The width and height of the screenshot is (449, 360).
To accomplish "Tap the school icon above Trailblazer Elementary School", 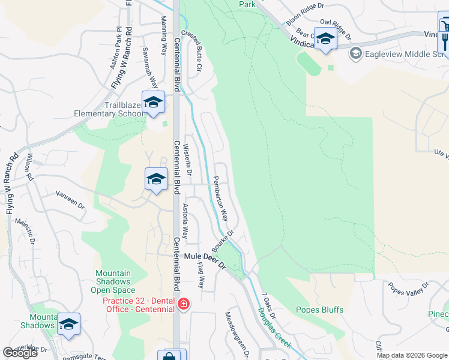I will pyautogui.click(x=153, y=102).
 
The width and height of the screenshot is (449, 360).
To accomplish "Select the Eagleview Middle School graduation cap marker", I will pyautogui.click(x=356, y=54).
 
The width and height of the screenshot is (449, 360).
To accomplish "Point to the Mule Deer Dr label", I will pyautogui.click(x=204, y=260).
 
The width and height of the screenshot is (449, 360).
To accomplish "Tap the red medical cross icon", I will pyautogui.click(x=182, y=305).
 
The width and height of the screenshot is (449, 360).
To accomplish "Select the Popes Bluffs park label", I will pyautogui.click(x=319, y=310).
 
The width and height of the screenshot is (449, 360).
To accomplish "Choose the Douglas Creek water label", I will pyautogui.click(x=275, y=328).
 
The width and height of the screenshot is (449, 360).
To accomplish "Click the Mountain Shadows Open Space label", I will pyautogui.click(x=113, y=281).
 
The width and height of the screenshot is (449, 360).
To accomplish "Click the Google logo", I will pyautogui.click(x=20, y=353).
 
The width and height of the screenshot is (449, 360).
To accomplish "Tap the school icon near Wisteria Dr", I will pyautogui.click(x=155, y=179).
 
